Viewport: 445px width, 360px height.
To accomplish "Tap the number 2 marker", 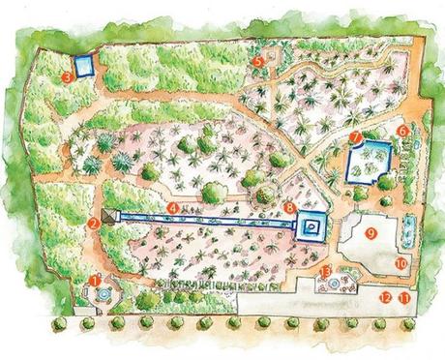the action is pos(93,223).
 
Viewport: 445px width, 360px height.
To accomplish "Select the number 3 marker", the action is pos(66,74).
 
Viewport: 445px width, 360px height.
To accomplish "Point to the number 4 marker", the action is pos(172,206).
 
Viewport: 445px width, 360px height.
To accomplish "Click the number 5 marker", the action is pos(257,60).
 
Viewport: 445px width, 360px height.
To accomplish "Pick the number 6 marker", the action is pos(401,130).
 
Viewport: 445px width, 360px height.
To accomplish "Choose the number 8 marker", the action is pos(290,208).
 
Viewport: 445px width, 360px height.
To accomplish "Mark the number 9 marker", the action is pos(370,233).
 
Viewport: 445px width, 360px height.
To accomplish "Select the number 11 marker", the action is pos(402,298).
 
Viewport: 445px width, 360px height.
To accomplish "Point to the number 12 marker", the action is pos(385,298).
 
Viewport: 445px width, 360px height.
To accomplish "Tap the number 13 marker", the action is pos(326,271).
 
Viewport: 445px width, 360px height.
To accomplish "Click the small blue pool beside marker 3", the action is pos(84,67).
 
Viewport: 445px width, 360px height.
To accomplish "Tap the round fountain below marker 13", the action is pos(335,286).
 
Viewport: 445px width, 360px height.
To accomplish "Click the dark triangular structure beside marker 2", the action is pos(108,219).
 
